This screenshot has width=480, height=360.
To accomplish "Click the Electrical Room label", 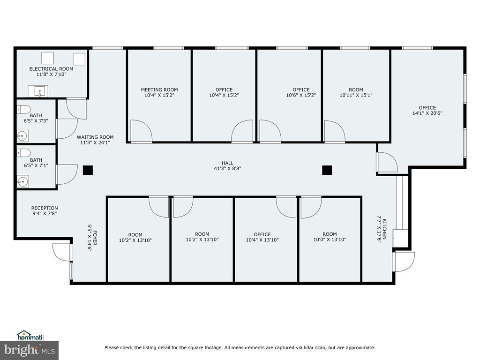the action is point(51,69).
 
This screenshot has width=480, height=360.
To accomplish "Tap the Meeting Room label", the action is point(159,90).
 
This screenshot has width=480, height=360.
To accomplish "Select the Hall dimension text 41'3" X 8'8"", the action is point(227,168).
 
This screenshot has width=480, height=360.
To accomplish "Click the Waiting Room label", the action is point(95,137).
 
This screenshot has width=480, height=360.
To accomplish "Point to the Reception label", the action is point(45,208).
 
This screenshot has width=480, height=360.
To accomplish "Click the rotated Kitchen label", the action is point(384,229).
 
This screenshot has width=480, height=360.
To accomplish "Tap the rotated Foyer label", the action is point(95,238).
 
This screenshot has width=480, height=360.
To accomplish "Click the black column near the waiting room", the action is point(88,170).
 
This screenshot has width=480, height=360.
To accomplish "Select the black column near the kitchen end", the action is point(327,170).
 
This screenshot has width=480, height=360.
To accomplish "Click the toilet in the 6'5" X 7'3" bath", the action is point(24,109).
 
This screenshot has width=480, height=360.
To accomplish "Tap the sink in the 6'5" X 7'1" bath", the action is point(23,181).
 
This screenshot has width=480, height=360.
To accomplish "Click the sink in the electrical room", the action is point(38,91).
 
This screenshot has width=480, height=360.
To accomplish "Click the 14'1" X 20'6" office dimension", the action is point(427,113).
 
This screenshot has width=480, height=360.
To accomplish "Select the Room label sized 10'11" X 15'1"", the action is point(356,90).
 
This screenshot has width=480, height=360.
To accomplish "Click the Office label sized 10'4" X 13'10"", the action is point(262,234).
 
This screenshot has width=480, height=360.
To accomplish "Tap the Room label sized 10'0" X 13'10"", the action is point(330,234).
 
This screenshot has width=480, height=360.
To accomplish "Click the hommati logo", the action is point(30,336).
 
